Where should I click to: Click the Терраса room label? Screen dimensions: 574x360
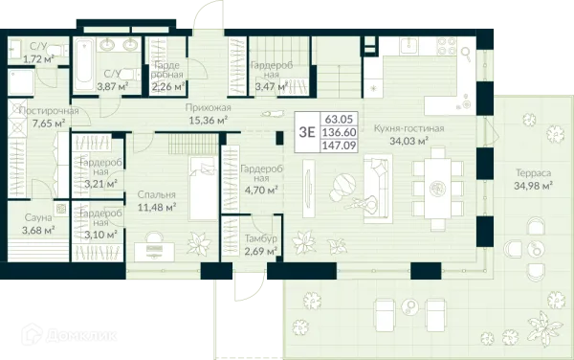[x=533, y=172]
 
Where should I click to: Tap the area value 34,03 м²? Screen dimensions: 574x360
[x=408, y=142]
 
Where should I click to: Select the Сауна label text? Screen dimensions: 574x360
[x=38, y=218]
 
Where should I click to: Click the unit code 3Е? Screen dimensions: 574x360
[x=307, y=132]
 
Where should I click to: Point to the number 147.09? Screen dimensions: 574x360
[x=339, y=146]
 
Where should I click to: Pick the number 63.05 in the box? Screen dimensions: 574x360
[x=339, y=119]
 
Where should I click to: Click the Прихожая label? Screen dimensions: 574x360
[x=208, y=108]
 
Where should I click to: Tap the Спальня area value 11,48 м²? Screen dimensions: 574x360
[x=157, y=208]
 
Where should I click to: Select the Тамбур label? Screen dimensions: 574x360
[x=260, y=238]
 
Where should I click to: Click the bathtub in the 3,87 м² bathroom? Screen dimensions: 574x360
[x=83, y=65]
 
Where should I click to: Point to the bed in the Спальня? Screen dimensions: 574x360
[x=204, y=189]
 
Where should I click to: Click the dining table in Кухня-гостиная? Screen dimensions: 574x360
[x=437, y=189]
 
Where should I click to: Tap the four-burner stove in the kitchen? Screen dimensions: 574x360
[x=447, y=46]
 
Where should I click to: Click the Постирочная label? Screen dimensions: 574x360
[x=49, y=111]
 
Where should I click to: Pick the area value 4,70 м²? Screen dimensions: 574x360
[x=259, y=191]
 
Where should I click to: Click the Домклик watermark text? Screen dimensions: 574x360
[x=81, y=336]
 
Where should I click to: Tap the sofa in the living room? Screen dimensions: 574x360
[x=378, y=189]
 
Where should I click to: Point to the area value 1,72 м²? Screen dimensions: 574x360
[x=38, y=58]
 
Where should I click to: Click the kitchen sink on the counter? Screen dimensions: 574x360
[x=407, y=45]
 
